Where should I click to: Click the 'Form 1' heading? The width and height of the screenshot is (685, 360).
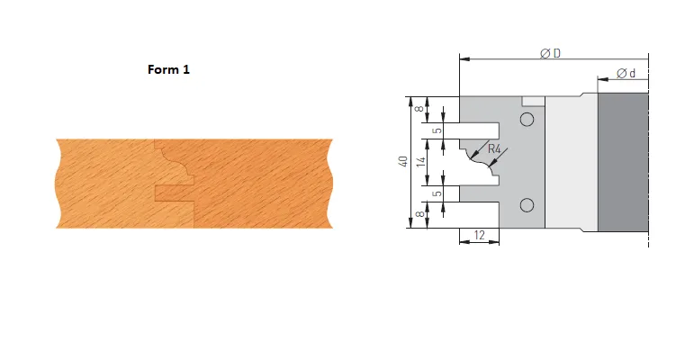click(168, 68)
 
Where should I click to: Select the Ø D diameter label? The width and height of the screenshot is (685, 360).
click(551, 53)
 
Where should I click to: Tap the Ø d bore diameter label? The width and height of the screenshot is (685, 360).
click(627, 73)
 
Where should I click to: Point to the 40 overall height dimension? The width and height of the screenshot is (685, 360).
click(403, 161)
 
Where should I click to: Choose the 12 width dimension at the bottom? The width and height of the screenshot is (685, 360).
click(479, 234)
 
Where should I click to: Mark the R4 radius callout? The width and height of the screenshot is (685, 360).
click(495, 152)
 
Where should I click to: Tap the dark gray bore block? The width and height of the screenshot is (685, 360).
click(621, 162)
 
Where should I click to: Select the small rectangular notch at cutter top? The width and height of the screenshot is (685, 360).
click(532, 99)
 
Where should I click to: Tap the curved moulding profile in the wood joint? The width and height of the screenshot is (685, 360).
click(176, 163)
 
